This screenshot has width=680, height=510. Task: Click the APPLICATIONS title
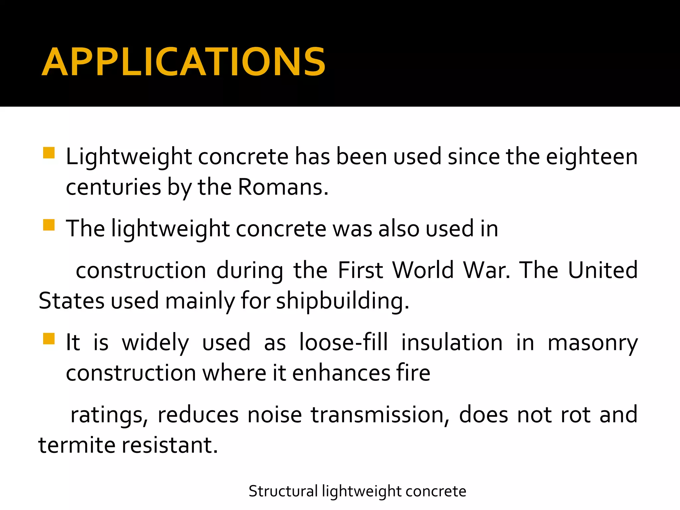click(x=184, y=62)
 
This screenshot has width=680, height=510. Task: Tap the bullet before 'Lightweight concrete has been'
click(x=49, y=153)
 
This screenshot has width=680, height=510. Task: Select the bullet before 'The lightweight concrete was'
click(x=49, y=225)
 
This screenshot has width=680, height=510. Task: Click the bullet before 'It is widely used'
click(x=49, y=339)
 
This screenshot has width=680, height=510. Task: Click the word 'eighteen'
click(x=592, y=157)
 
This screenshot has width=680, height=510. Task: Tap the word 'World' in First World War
click(x=423, y=270)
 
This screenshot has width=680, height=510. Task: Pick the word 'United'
click(x=603, y=270)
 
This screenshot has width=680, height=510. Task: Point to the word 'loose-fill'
click(x=343, y=342)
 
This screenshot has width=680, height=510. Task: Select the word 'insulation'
click(x=452, y=342)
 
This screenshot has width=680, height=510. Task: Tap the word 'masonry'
click(x=592, y=343)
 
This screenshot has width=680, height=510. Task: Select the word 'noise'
click(x=275, y=414)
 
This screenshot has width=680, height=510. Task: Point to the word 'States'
click(x=71, y=301)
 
